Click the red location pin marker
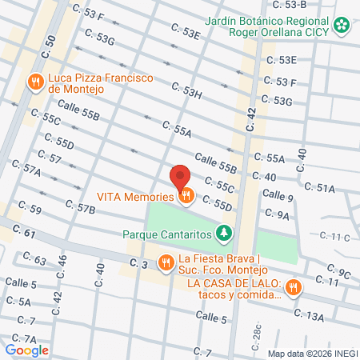[x=181, y=177]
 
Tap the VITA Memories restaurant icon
[x=186, y=194]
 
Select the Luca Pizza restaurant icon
[x=35, y=82]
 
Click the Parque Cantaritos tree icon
[x=226, y=234]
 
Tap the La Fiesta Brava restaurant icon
[x=166, y=261]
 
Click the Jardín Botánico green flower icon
[x=342, y=26]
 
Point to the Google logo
[x=26, y=350]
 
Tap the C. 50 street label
[x=50, y=44]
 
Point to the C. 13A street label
[x=309, y=317]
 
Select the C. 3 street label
[x=139, y=264]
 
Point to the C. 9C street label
[x=338, y=274]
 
